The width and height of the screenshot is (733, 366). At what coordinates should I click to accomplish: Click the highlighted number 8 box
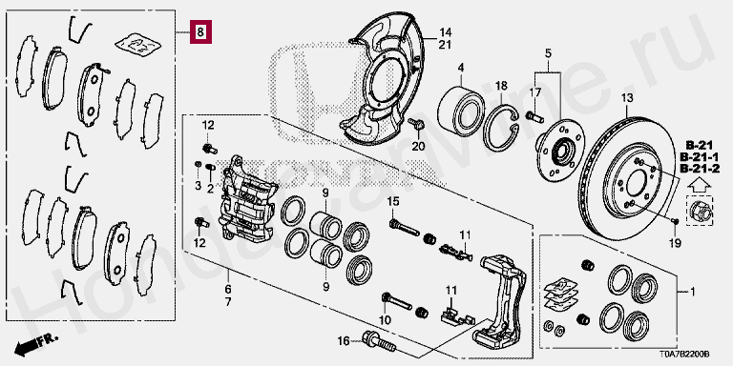200,31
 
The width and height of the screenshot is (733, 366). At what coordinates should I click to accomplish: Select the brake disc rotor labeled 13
626,179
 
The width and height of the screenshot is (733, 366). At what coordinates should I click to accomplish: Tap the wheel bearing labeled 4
461,111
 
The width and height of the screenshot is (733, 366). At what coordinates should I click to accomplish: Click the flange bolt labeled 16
378,342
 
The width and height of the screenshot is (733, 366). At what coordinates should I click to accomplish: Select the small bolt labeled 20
416,124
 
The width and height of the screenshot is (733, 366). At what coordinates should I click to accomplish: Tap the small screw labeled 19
674,221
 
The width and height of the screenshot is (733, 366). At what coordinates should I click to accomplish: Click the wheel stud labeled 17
534,115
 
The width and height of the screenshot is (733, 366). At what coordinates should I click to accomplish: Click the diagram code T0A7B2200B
687,355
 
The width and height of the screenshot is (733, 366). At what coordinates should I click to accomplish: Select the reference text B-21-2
699,168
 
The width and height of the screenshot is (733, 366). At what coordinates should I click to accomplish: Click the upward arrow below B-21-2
700,185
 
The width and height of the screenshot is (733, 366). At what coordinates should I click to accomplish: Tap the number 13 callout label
626,98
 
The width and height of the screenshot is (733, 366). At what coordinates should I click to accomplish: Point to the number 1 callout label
693,293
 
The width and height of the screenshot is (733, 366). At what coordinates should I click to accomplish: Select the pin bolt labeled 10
397,301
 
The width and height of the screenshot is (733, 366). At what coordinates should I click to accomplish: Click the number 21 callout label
445,45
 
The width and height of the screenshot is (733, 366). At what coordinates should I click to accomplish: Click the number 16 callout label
344,342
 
